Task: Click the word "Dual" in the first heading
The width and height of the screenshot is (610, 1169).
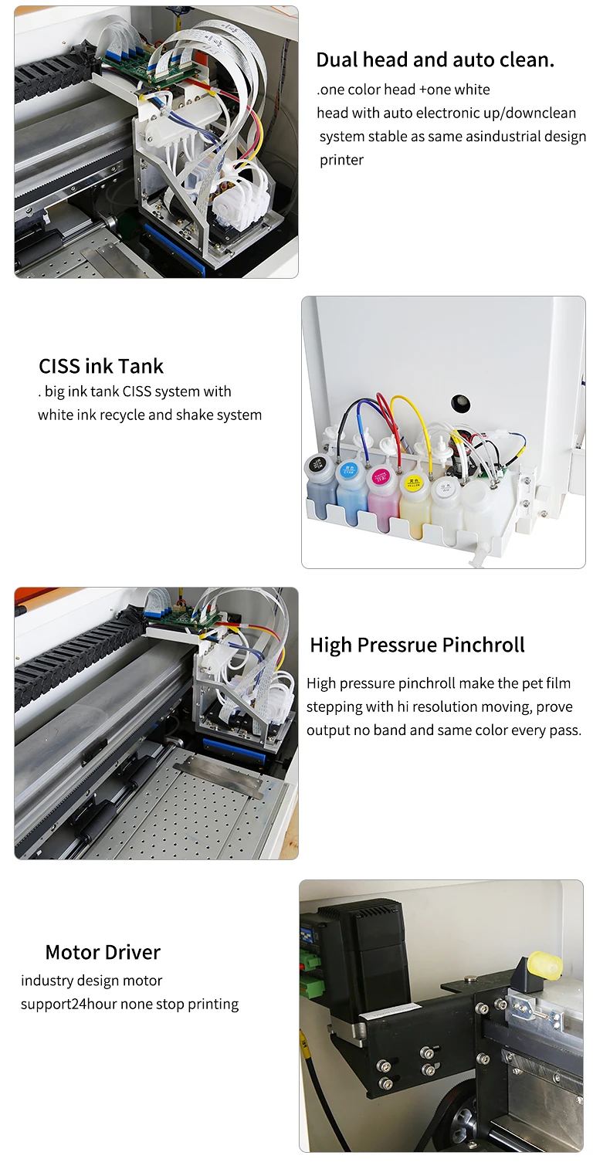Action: (x=337, y=60)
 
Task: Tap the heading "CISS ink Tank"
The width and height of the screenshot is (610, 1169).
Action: (x=101, y=366)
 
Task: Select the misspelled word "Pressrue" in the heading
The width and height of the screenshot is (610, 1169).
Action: (x=398, y=645)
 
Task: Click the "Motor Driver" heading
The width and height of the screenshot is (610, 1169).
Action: (x=103, y=953)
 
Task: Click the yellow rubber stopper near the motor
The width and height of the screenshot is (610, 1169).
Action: (x=545, y=962)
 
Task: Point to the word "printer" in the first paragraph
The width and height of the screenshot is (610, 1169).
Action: (x=341, y=160)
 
